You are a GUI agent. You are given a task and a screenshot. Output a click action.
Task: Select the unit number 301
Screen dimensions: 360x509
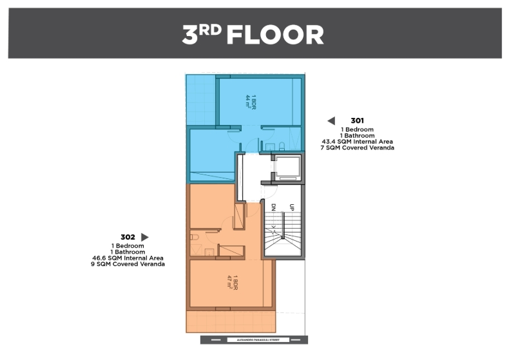(x=358, y=120)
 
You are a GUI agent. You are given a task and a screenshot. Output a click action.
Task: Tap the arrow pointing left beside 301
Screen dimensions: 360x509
(x=331, y=120)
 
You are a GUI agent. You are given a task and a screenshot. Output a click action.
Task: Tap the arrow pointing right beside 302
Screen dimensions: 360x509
(x=144, y=237)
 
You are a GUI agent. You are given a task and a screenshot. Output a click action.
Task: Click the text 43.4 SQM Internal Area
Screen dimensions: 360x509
(x=357, y=142)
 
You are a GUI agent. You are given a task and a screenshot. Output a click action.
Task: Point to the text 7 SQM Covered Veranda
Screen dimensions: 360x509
(x=357, y=148)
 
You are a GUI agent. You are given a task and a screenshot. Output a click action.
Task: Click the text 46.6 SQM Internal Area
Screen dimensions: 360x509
(x=128, y=258)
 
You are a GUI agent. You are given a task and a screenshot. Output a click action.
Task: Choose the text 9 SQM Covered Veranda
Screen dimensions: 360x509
(x=128, y=265)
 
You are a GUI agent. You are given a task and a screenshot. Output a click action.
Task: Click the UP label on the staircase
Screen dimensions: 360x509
(x=293, y=208)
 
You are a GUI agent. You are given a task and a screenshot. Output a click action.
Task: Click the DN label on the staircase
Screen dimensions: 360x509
(x=274, y=208)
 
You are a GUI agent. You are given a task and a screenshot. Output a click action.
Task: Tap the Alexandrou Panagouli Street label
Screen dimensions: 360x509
(x=253, y=339)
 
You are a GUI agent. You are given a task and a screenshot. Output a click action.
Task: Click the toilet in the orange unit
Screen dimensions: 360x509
(x=194, y=237)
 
